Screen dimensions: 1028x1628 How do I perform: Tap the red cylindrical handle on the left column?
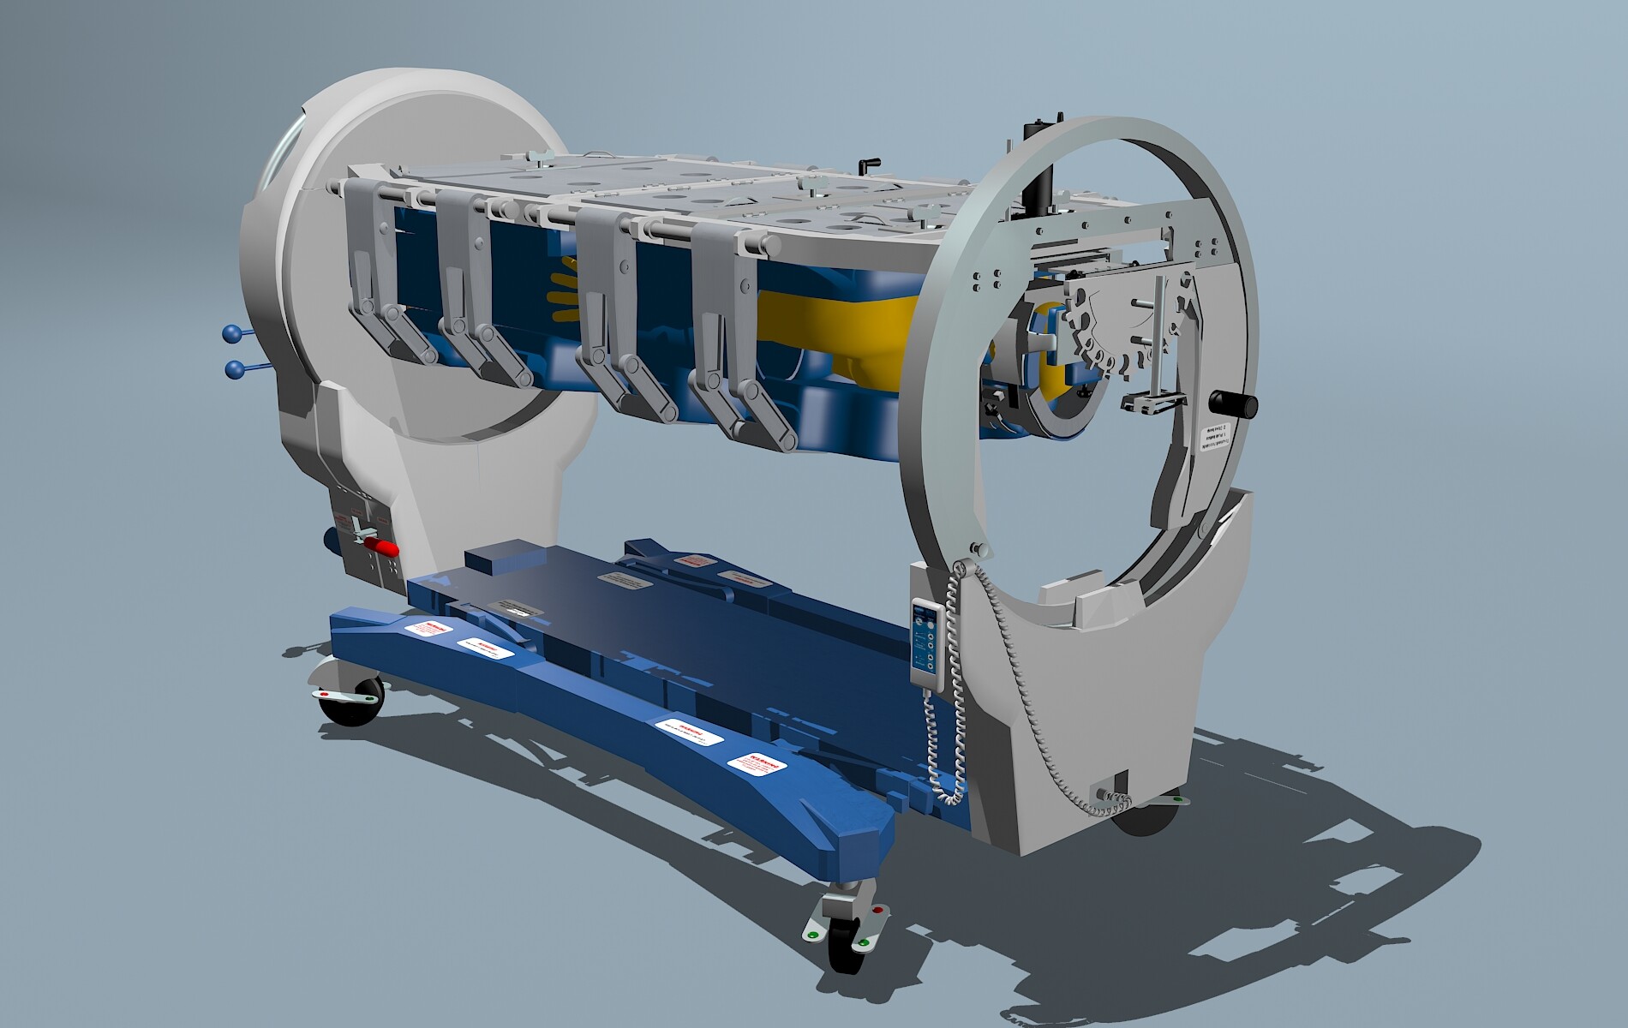click(x=380, y=546)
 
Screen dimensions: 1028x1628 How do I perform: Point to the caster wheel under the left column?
click(x=348, y=702)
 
